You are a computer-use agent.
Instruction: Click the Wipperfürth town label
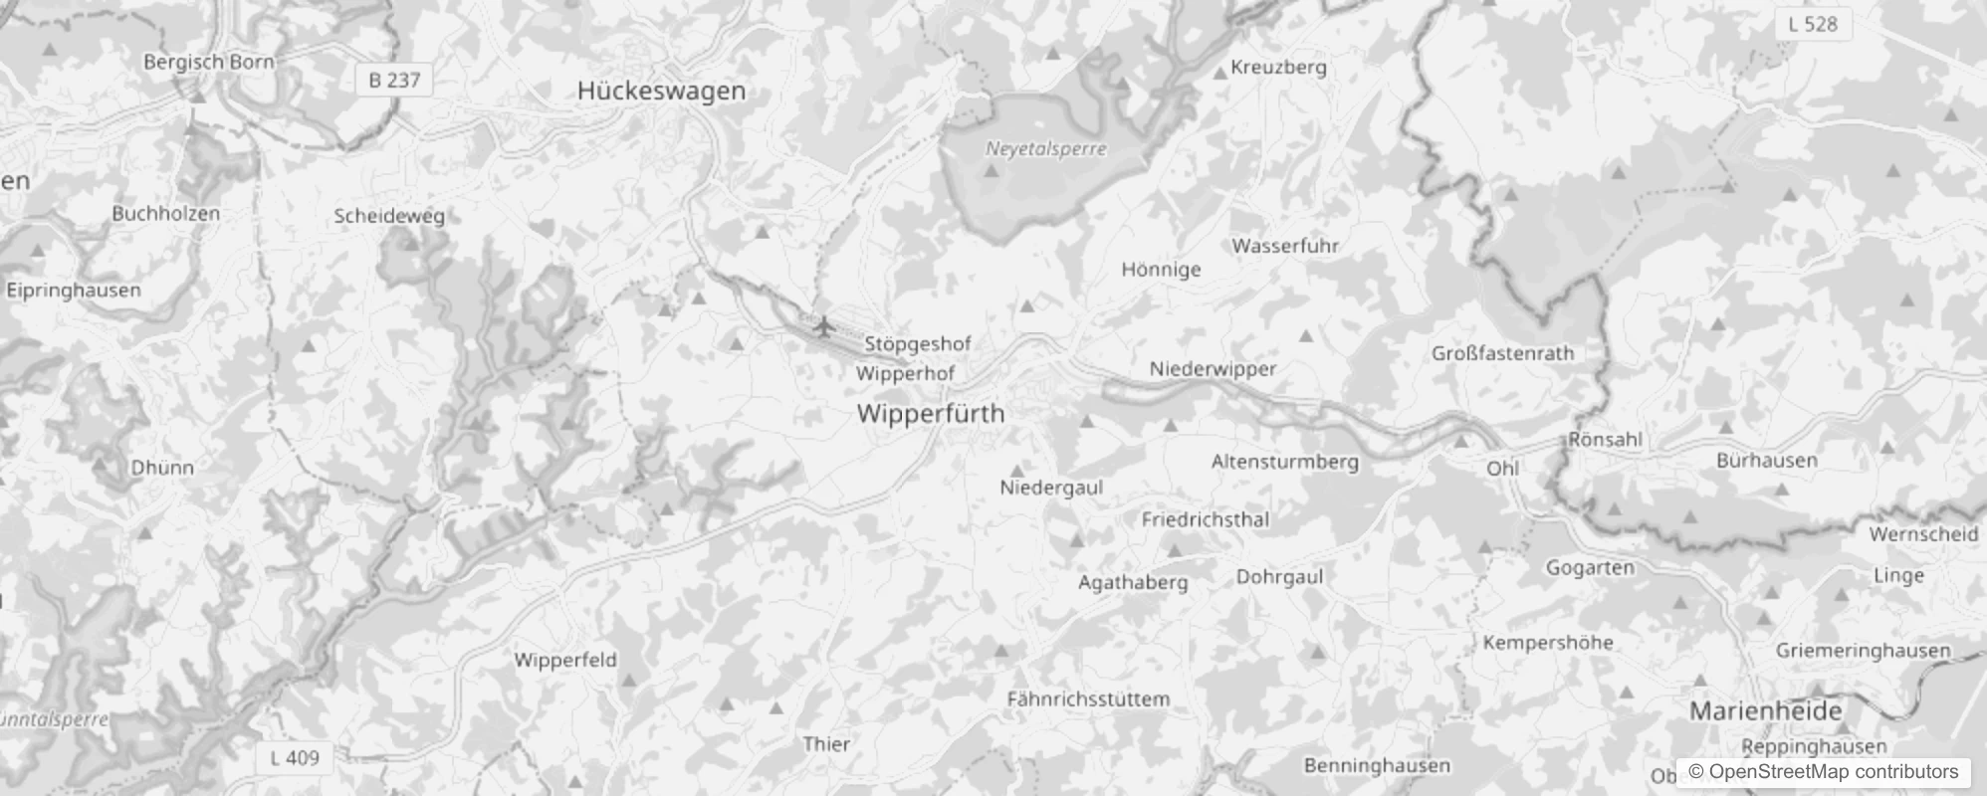[x=931, y=414]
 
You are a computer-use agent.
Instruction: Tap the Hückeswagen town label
[x=661, y=91]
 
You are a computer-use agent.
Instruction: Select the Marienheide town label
[x=1766, y=710]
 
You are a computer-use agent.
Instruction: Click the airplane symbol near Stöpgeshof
[x=822, y=325]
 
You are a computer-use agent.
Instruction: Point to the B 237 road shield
[x=394, y=80]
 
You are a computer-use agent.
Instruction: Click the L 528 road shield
[x=1813, y=24]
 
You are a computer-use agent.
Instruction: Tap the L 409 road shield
[x=296, y=758]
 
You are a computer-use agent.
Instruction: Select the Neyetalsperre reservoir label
[x=1045, y=149]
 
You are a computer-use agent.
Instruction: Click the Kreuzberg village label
[x=1278, y=68]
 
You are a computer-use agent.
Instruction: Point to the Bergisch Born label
[x=208, y=62]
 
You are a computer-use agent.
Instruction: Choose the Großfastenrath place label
[x=1502, y=353]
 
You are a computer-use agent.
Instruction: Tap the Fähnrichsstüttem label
[x=1088, y=698]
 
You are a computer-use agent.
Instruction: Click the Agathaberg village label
[x=1133, y=582]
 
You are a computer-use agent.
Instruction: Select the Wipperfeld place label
[x=565, y=660]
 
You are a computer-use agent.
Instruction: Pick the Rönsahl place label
[x=1605, y=439]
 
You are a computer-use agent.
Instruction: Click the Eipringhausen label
[x=74, y=291]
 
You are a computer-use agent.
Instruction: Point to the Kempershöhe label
[x=1548, y=643]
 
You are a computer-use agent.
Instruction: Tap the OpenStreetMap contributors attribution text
[x=1823, y=772]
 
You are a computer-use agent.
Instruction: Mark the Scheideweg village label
[x=389, y=216]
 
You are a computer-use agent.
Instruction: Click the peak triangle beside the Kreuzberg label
[x=1221, y=73]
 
